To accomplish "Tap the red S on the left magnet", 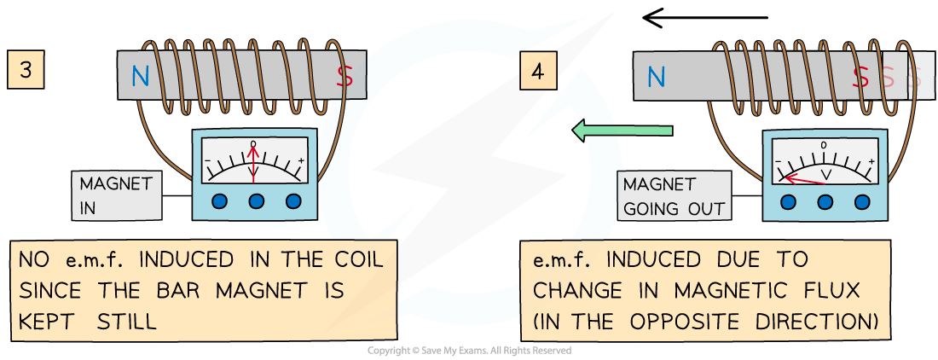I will coord(345,78).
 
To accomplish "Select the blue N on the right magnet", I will coord(656,78).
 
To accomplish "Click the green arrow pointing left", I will coord(622,131).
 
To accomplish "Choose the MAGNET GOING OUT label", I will coord(674,196).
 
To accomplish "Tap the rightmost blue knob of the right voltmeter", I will coord(862,202).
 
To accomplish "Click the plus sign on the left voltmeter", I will coord(300,160).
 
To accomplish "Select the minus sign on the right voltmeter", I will coord(778,161).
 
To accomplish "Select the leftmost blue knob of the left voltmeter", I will coord(219,200).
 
